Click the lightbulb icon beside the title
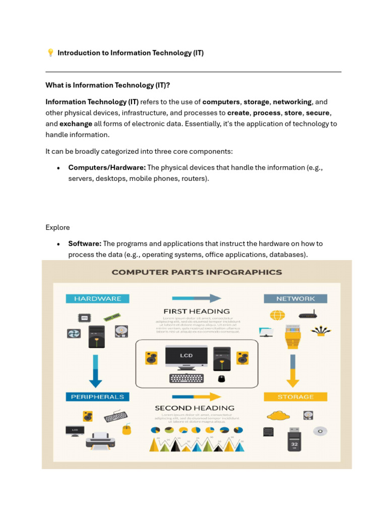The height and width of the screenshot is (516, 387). [x=50, y=53]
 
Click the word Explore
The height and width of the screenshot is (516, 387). [x=57, y=227]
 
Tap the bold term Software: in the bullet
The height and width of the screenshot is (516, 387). [x=85, y=243]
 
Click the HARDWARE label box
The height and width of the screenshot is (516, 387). [x=97, y=299]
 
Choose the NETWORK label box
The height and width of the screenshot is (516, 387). [x=295, y=299]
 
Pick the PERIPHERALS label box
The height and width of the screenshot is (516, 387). [x=97, y=397]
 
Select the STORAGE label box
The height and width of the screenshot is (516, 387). [x=295, y=397]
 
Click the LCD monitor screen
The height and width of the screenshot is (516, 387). [x=186, y=355]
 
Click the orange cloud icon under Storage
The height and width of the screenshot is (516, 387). [x=278, y=416]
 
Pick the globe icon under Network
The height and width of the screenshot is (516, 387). [x=277, y=315]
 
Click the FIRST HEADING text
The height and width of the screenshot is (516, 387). [x=197, y=311]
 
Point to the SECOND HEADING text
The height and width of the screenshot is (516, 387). [x=194, y=408]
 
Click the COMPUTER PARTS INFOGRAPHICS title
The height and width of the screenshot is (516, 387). [x=197, y=272]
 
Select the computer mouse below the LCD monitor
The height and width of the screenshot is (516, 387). [x=221, y=378]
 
